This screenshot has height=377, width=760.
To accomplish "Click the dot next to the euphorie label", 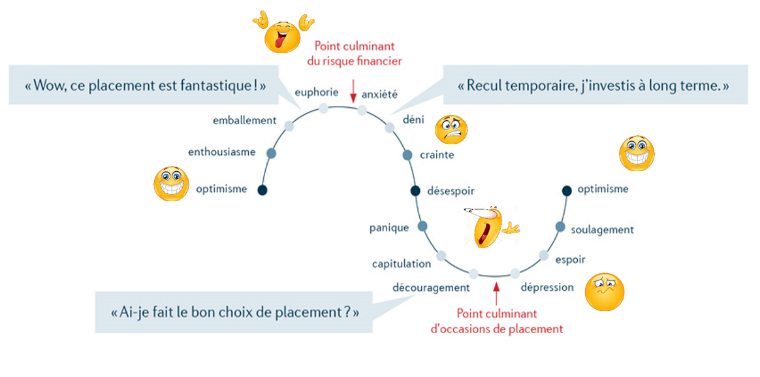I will coord(323,108).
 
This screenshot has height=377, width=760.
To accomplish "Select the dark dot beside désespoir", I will coord(415,191).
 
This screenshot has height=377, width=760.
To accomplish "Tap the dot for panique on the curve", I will coord(422,226).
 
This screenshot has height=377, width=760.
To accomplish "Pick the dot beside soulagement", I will coord(560,227).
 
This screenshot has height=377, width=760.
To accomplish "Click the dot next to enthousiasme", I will coord(271,153).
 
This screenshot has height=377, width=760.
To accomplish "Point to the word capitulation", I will coord(402,264).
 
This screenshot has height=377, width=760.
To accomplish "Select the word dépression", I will coord(547,287).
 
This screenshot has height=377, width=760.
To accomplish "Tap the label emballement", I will coord(245,121).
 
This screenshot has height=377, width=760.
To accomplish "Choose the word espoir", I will coord(570,259).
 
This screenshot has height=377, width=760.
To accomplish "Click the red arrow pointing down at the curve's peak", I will coord(353,91).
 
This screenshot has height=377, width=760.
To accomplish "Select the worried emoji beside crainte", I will coord(451,129).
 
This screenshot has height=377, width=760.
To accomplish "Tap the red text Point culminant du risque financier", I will coord(354,54).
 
